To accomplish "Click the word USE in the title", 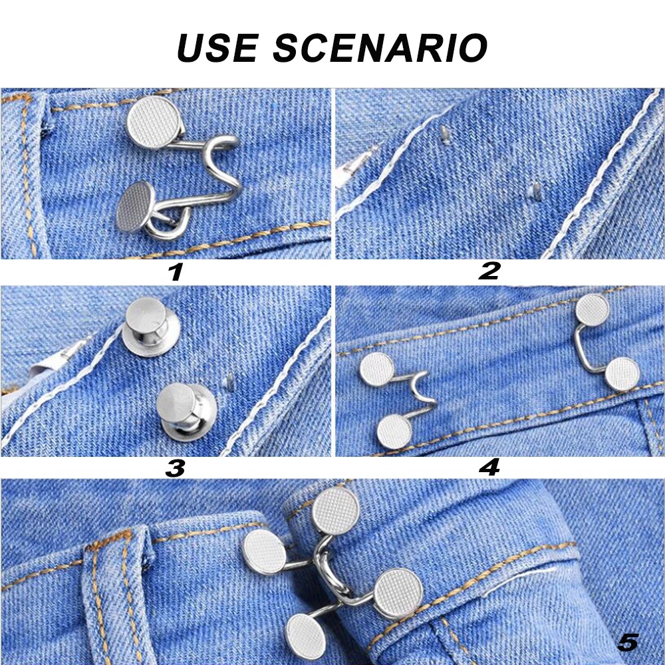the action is click(217, 47).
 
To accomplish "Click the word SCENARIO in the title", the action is click(380, 47).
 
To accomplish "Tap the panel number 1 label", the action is click(176, 272).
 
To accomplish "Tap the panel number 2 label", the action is click(489, 271).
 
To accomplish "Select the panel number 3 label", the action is click(175, 468).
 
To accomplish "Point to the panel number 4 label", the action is click(489, 467).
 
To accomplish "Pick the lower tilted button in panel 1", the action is click(135, 207).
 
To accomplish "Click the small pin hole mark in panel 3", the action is click(229, 382).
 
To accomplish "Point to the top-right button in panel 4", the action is click(593, 309).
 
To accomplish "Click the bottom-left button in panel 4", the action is click(394, 432).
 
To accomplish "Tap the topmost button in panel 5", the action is click(335, 511).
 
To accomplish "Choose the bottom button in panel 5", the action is click(306, 636).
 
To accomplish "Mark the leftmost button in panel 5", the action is click(264, 551).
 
